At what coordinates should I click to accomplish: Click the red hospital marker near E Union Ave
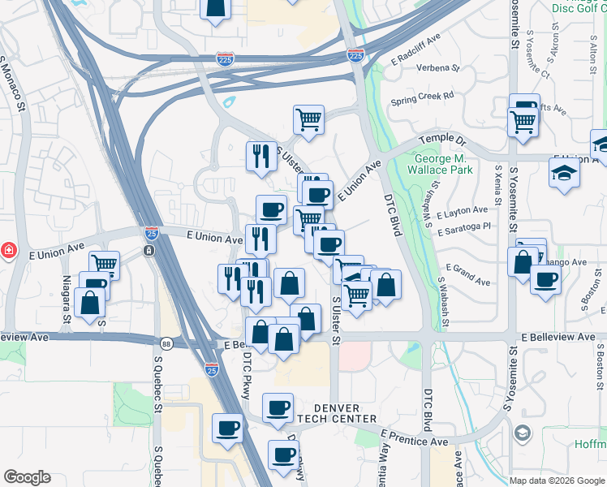(x=6, y=249)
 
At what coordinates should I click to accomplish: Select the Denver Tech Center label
(x=336, y=412)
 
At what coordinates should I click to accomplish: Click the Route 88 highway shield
(x=166, y=343)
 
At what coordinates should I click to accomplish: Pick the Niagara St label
(x=67, y=298)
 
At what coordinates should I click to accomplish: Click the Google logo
(x=27, y=477)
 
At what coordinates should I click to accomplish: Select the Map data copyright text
(x=556, y=481)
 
